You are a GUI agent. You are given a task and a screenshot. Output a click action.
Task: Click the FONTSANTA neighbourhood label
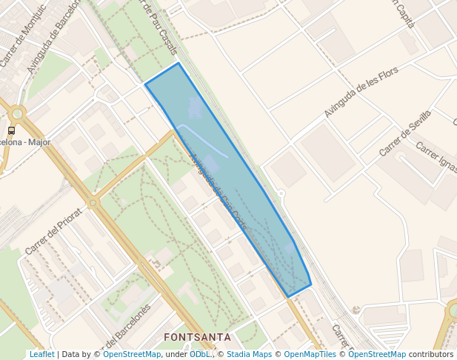(x=197, y=337)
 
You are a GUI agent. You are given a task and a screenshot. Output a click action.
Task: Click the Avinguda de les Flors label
(x=361, y=92)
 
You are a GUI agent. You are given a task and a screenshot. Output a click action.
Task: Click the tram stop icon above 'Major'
(x=11, y=131)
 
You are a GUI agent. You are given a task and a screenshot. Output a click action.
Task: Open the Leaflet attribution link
(x=41, y=355)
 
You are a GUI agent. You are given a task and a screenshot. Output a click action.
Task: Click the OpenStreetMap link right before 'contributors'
(x=377, y=355)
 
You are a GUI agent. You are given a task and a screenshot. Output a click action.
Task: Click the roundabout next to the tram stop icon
(x=16, y=113)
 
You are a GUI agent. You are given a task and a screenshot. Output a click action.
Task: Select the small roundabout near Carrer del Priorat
(x=93, y=201)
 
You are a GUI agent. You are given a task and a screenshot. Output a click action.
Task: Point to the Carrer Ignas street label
(x=436, y=159)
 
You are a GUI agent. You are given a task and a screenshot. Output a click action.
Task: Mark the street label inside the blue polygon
(x=219, y=193)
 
